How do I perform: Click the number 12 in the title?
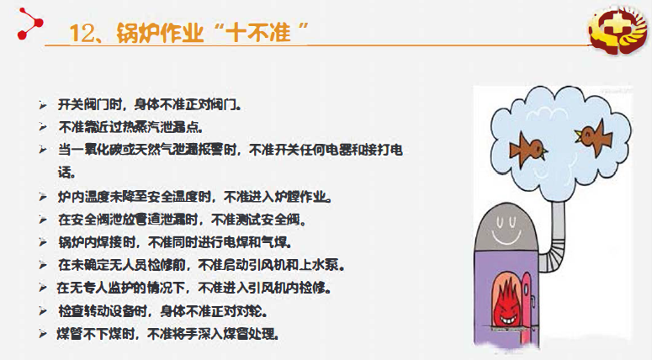click(82, 33)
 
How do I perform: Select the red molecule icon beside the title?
click(30, 24)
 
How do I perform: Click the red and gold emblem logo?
click(618, 31)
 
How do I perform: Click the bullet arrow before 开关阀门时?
click(42, 104)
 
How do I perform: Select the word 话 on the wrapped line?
click(65, 172)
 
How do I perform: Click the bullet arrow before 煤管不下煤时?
click(42, 333)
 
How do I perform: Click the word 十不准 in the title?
click(258, 33)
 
